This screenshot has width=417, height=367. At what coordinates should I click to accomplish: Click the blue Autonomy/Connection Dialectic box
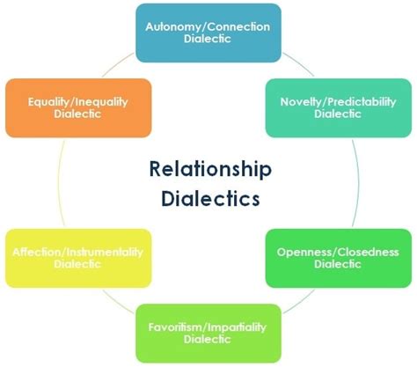pos(208,33)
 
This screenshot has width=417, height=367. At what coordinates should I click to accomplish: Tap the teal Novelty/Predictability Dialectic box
pos(336,108)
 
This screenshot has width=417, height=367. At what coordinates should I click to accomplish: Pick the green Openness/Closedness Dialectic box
pos(337,258)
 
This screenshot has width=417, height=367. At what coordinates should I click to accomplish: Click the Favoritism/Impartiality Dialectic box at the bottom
pos(208,333)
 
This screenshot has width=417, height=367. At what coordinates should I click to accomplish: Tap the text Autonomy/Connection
pos(208,26)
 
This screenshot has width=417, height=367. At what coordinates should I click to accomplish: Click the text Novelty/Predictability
pos(336,102)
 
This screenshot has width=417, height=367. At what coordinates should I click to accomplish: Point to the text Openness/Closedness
pos(337,253)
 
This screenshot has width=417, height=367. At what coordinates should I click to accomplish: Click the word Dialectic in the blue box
pos(208,40)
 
